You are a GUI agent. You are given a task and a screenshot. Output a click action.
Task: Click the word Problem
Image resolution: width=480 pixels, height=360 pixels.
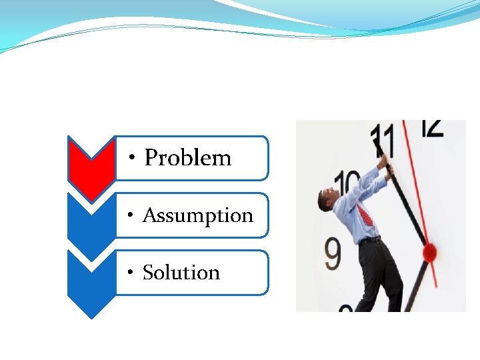[188, 158]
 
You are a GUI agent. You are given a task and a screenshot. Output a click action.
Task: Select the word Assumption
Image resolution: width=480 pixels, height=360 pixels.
[198, 215]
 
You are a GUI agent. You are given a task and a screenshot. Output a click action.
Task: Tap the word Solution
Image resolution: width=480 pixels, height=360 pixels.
[181, 273]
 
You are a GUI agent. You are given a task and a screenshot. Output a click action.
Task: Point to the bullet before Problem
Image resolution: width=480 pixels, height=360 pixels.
[133, 159]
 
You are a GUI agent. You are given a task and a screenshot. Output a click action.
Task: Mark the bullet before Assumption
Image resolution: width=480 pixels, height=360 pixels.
[132, 216]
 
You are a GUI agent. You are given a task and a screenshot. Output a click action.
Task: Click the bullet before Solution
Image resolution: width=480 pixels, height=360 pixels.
[132, 273]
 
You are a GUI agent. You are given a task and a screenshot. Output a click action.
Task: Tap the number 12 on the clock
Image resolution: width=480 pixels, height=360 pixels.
[433, 128]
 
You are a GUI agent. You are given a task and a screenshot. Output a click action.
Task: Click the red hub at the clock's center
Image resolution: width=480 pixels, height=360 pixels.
[430, 252]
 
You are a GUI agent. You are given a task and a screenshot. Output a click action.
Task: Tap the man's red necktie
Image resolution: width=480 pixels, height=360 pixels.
[364, 215]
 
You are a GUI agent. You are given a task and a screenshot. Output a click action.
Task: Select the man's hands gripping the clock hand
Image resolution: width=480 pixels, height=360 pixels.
[385, 165]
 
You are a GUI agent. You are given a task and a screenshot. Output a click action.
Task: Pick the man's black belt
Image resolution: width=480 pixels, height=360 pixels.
[371, 239]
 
